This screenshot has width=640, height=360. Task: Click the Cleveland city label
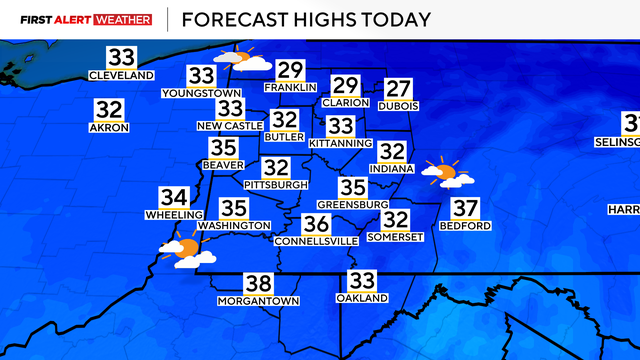coord(121,76)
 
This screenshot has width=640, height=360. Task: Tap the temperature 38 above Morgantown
coord(258,284)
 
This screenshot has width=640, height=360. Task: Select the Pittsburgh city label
coord(276,185)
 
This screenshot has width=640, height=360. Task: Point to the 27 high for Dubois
coord(399,88)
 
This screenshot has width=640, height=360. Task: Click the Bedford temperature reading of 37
coord(465,209)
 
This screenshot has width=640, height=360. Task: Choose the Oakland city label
coord(361,298)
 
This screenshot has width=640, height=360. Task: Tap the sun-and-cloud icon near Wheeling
coord(187,250)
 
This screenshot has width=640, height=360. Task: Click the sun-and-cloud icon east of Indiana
coord(445,173)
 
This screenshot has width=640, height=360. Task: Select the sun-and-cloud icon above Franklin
coord(244,60)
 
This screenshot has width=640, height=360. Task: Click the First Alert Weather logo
coord(86,18)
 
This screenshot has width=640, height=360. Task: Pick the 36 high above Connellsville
coord(317,224)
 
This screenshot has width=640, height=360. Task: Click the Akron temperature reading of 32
coord(109,110)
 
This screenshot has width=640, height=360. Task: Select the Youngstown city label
coord(201,93)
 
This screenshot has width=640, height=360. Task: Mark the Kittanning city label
coord(341,144)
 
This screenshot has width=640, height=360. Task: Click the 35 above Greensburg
coord(352,187)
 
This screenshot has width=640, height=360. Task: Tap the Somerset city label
coord(397,236)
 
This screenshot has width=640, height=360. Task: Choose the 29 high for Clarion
coord(346,86)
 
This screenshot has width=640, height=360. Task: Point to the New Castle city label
coord(231,126)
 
